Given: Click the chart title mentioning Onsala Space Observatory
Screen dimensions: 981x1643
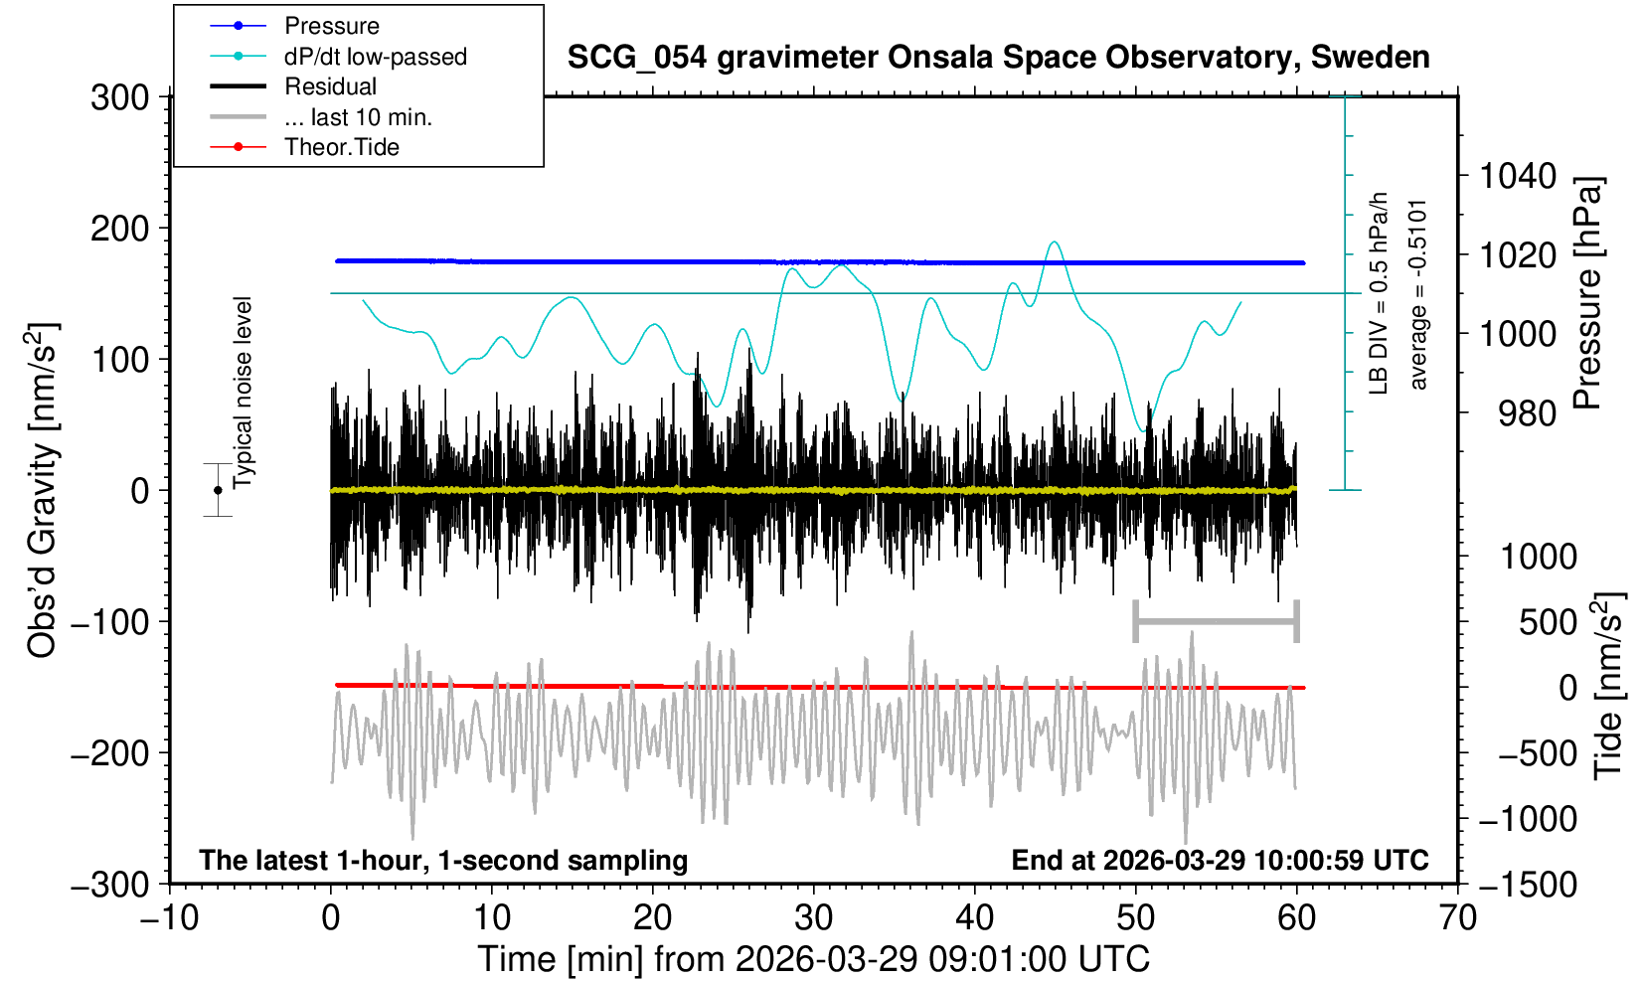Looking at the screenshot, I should (x=998, y=58).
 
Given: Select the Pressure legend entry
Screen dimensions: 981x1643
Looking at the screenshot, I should (x=331, y=26).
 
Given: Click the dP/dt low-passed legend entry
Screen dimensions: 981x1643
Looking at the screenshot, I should (x=375, y=57).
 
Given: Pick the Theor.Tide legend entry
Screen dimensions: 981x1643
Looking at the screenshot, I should (x=341, y=147).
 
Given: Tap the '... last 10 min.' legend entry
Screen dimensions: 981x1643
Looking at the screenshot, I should (x=358, y=117).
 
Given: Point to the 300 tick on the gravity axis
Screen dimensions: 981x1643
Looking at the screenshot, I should (x=119, y=97).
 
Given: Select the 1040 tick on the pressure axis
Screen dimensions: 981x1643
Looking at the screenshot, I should (x=1518, y=177).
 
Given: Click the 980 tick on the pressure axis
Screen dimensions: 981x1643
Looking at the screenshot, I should (x=1528, y=413).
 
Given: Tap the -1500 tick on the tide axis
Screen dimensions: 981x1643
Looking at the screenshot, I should (x=1528, y=884).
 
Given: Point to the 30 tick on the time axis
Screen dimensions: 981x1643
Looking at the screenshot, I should (x=813, y=917).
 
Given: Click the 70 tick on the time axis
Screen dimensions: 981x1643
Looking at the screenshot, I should (x=1457, y=917).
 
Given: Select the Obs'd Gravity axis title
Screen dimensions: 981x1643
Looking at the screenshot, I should (x=43, y=490).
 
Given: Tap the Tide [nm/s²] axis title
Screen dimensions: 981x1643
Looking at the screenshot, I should (x=1608, y=686).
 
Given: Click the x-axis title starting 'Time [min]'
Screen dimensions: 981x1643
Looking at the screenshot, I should (x=813, y=959).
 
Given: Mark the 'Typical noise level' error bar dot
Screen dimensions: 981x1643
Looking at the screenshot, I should (x=218, y=490).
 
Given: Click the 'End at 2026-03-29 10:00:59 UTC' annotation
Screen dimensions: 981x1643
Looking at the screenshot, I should (x=1220, y=860).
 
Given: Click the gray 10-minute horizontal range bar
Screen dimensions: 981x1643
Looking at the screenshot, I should (x=1216, y=622).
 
